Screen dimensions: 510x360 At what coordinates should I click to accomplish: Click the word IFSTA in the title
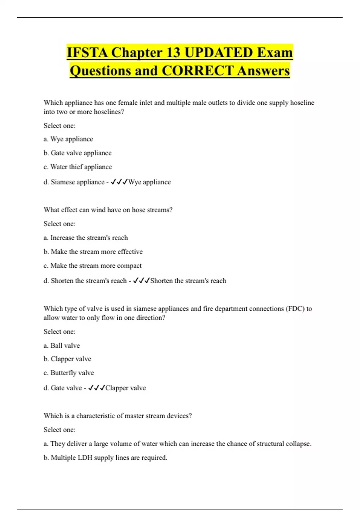tap(87, 53)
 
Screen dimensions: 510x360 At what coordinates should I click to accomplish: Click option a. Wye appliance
tap(68, 139)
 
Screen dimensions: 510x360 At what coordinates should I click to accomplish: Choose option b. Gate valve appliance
tap(77, 153)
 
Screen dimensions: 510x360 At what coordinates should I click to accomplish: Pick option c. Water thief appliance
tap(78, 167)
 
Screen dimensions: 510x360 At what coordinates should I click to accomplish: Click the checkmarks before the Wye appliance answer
tap(119, 182)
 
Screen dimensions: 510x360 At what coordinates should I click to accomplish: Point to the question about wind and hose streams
tap(108, 210)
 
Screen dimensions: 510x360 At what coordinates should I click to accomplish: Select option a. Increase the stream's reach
tap(86, 238)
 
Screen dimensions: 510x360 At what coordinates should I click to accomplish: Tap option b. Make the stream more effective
tap(93, 252)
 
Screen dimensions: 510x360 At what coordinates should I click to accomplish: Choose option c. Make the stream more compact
tap(92, 266)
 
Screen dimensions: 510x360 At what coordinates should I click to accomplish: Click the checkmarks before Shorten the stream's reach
tap(141, 281)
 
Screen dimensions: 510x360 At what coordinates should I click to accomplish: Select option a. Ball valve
tap(62, 346)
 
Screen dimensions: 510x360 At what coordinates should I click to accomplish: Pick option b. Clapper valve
tap(67, 359)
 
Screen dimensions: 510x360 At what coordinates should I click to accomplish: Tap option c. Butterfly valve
tap(69, 373)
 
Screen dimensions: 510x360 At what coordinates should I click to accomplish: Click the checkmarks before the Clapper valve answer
tap(96, 388)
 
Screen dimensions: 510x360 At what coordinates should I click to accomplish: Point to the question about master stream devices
tap(118, 416)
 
